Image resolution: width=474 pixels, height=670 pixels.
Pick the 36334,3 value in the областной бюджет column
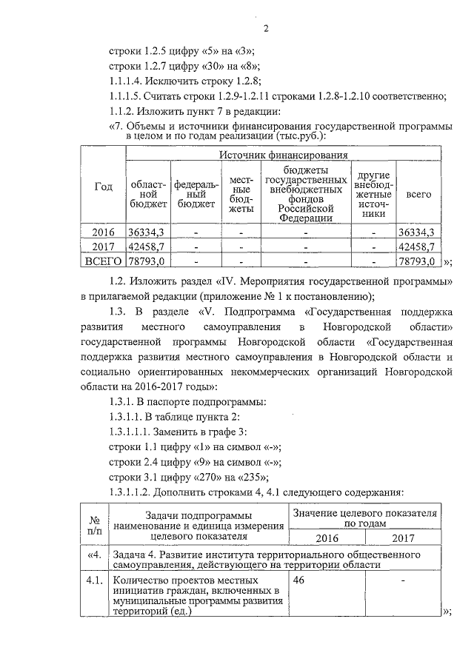pos(147,232)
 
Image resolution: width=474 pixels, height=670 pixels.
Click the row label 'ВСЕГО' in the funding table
pos(103,261)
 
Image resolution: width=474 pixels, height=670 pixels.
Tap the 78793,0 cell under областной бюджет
pos(147,261)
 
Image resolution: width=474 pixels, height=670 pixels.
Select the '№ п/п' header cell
pos(94,525)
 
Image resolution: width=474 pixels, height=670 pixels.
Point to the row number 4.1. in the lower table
pos(94,582)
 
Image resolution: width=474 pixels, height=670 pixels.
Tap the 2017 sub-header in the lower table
pos(403,538)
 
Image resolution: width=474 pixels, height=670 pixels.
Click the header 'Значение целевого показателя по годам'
pos(364,517)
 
